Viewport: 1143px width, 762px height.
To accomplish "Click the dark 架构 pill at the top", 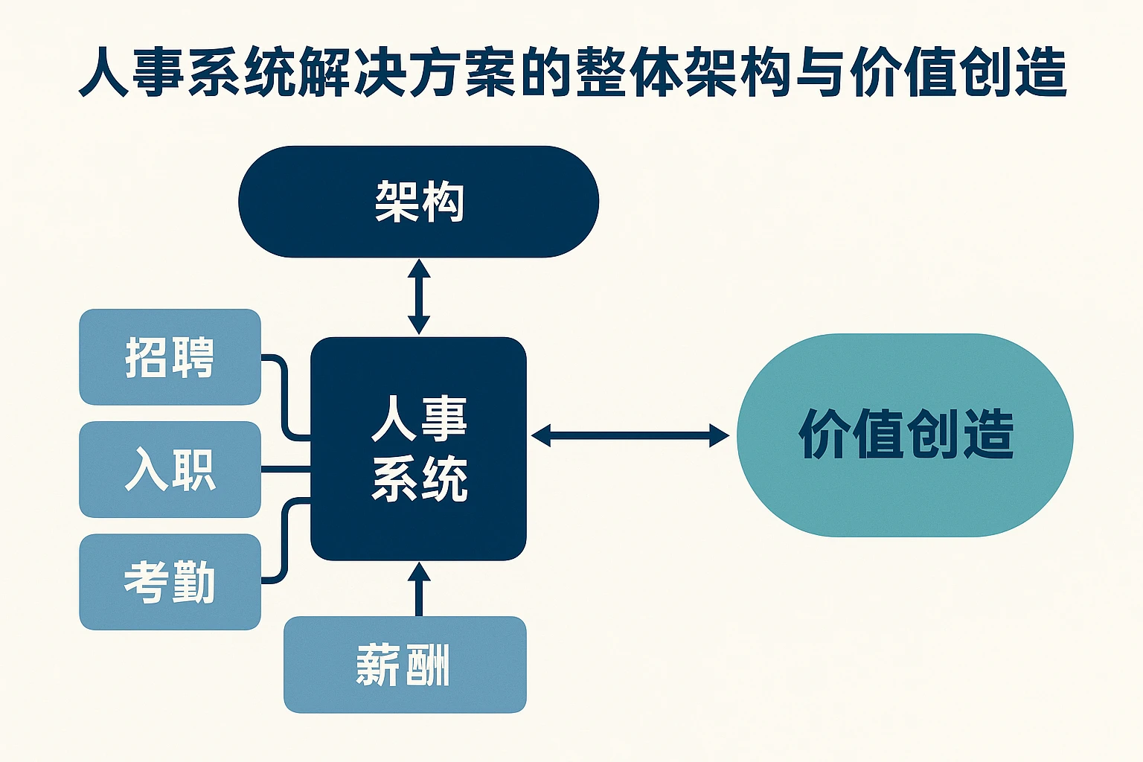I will [x=418, y=202].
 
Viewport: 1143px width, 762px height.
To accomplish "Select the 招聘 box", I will [x=170, y=357].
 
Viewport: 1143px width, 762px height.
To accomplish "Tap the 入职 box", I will [x=170, y=470].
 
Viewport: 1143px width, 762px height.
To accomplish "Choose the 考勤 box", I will [x=170, y=582].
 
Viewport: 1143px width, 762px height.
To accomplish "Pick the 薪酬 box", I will [x=405, y=665].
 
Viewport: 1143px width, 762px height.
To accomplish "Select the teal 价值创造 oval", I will [x=905, y=435].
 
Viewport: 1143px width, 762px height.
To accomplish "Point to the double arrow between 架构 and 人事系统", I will [x=419, y=296].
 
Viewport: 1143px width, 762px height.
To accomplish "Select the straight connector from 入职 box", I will [x=285, y=470].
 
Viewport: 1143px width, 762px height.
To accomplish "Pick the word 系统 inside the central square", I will [x=419, y=478].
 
